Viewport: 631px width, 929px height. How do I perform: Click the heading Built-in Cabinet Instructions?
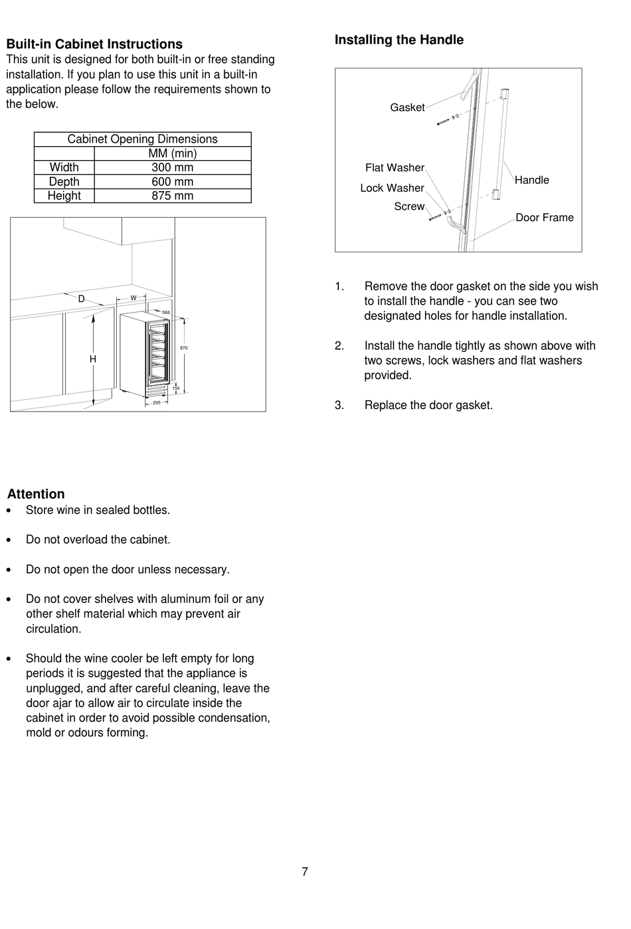pyautogui.click(x=94, y=44)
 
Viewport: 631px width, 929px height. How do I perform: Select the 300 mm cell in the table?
pyautogui.click(x=172, y=167)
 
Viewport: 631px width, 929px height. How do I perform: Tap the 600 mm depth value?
pyautogui.click(x=172, y=181)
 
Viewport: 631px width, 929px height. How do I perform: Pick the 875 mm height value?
pyautogui.click(x=172, y=196)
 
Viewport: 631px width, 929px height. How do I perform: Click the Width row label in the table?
pyautogui.click(x=64, y=167)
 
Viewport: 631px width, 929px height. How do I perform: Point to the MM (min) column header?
pyautogui.click(x=172, y=153)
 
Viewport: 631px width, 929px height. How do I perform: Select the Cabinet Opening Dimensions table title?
pyautogui.click(x=142, y=139)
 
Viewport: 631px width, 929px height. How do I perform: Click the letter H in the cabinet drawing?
pyautogui.click(x=93, y=359)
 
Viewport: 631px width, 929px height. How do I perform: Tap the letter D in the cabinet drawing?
pyautogui.click(x=82, y=299)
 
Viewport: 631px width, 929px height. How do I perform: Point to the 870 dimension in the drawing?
pyautogui.click(x=184, y=348)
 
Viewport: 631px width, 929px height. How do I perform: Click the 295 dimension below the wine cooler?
pyautogui.click(x=157, y=403)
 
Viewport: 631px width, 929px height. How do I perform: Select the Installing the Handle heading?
pyautogui.click(x=399, y=40)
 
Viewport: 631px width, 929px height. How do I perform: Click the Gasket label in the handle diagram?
pyautogui.click(x=407, y=108)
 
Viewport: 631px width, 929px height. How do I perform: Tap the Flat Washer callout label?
pyautogui.click(x=395, y=168)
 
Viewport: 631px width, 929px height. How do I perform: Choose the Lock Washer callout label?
pyautogui.click(x=392, y=188)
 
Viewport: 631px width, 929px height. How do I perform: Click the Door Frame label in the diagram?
pyautogui.click(x=544, y=218)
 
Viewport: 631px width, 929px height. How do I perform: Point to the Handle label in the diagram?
pyautogui.click(x=531, y=180)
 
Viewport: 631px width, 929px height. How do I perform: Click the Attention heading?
pyautogui.click(x=36, y=494)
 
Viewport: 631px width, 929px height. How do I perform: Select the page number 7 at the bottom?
pyautogui.click(x=305, y=872)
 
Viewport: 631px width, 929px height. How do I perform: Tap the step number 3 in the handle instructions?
pyautogui.click(x=339, y=405)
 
